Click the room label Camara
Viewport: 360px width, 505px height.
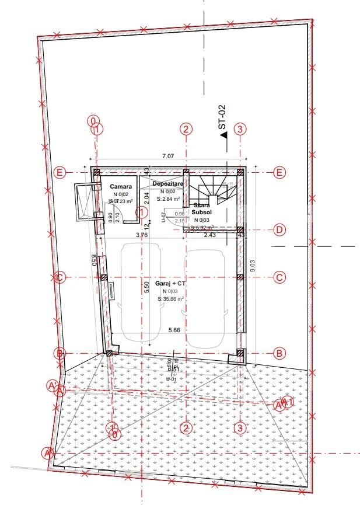(121, 187)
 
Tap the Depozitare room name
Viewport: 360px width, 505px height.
(168, 184)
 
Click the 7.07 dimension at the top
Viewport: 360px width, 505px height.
(167, 156)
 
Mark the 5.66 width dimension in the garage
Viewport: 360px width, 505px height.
(174, 330)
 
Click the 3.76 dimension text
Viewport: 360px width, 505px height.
(141, 235)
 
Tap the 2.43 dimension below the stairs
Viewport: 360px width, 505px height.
(209, 235)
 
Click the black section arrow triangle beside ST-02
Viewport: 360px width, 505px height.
(223, 135)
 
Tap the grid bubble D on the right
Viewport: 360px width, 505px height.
(279, 229)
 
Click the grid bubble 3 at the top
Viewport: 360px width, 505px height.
(240, 129)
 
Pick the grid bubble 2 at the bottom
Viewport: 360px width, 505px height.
(186, 428)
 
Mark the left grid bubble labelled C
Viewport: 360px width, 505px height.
(58, 277)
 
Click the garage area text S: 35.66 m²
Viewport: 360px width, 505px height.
(170, 299)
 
